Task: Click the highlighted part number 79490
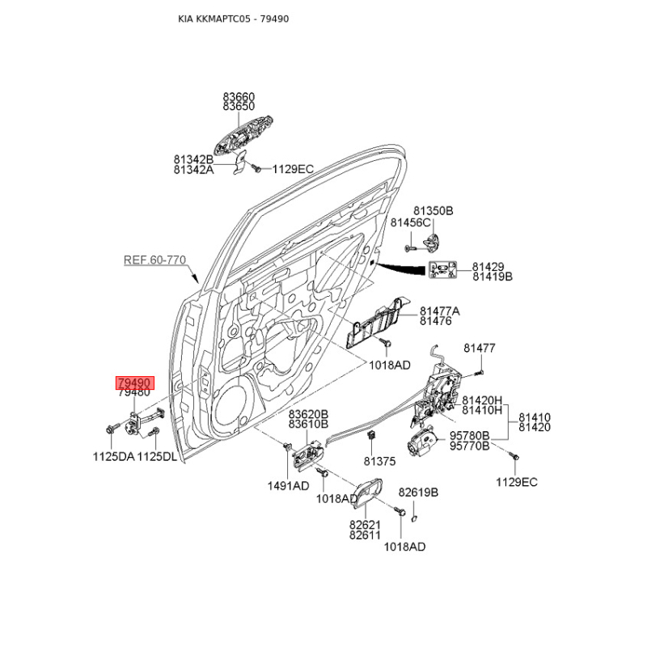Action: (134, 383)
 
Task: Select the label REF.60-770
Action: (154, 260)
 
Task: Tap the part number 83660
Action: (239, 96)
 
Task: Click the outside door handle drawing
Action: (243, 134)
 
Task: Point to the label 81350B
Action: (433, 211)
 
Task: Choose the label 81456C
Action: (410, 223)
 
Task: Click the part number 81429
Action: (488, 267)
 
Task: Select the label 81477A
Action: (440, 311)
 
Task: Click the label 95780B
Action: (469, 436)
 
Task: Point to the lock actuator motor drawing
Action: (422, 442)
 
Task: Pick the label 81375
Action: (379, 461)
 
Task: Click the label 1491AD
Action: (288, 486)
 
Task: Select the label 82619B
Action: (418, 493)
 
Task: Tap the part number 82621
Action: (365, 525)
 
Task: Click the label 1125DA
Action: (113, 457)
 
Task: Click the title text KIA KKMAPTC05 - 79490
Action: (234, 19)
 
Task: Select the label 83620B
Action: (308, 414)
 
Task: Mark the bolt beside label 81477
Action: (479, 373)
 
